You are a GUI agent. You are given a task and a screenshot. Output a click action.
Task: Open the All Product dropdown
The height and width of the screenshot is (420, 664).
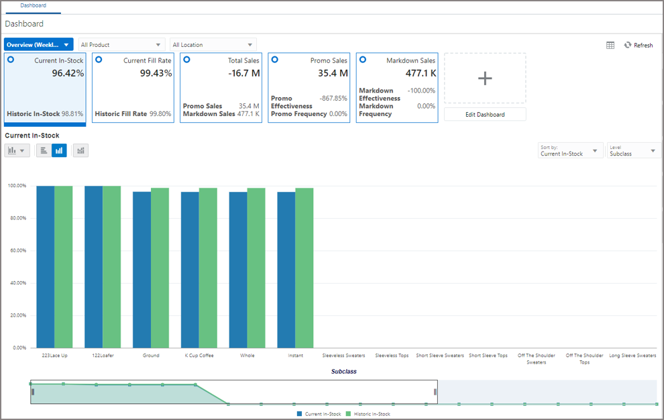point(121,45)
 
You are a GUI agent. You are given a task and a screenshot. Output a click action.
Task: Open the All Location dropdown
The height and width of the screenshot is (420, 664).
point(213,45)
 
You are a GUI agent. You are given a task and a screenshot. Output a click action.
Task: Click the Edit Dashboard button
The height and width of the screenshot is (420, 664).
point(485,114)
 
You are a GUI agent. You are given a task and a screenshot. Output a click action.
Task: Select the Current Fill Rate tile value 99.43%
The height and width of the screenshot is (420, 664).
point(156,73)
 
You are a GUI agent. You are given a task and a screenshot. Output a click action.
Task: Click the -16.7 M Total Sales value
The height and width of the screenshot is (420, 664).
point(244,73)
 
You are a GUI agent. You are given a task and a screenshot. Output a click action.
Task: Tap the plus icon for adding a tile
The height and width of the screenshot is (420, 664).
point(485,78)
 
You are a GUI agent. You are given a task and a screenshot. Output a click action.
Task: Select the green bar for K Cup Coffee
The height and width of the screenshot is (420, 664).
point(208,268)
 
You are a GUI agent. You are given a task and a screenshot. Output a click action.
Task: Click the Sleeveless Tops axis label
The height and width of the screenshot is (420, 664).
point(392,356)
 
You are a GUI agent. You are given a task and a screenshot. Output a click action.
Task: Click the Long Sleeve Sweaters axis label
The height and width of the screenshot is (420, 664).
point(632,356)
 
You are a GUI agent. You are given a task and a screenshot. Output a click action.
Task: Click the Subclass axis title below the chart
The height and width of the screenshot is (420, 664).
point(343,371)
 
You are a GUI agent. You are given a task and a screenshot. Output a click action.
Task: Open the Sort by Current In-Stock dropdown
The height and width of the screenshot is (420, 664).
point(569,150)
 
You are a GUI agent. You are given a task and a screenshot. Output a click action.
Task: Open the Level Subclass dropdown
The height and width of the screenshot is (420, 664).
point(633,150)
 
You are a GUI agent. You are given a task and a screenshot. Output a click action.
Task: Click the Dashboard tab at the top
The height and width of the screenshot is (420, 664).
point(33,5)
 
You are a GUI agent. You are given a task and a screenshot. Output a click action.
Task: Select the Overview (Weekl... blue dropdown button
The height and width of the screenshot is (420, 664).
point(38,45)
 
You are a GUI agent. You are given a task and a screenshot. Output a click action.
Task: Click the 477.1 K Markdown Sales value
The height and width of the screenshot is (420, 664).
point(421,73)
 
